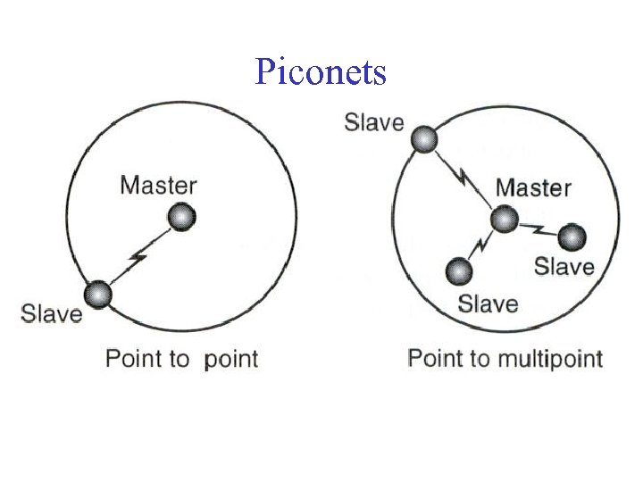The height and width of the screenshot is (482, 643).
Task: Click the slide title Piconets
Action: point(321,71)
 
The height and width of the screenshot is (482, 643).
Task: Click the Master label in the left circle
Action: point(158,186)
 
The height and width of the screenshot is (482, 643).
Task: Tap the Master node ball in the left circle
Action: point(181,216)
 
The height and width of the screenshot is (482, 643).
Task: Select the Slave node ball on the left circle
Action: point(97,294)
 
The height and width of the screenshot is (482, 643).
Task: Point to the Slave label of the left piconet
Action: point(52,314)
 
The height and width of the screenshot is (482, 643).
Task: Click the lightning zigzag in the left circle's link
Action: point(138,259)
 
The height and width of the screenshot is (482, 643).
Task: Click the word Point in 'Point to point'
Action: point(134,360)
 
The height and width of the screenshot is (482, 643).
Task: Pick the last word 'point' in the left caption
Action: point(230,361)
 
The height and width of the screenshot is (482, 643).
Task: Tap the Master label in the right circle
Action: point(533,188)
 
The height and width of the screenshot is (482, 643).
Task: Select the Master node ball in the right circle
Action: point(504,220)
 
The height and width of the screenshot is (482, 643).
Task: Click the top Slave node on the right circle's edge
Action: point(423,139)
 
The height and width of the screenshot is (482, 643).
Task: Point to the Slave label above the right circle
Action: point(374,122)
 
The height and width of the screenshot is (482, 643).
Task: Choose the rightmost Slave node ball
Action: point(571,237)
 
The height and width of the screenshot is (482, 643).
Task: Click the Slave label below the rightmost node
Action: point(564,267)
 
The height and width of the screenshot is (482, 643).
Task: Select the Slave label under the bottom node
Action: point(488,303)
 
